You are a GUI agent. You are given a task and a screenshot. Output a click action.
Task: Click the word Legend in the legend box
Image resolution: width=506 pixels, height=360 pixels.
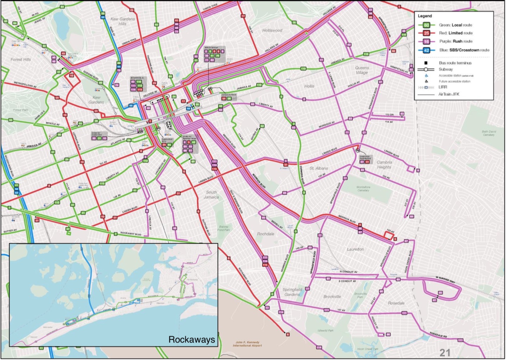point(425,16)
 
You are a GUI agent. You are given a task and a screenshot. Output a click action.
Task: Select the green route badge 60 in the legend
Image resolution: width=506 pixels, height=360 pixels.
point(426,25)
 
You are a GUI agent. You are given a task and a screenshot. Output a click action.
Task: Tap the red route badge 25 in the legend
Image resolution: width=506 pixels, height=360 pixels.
point(426,33)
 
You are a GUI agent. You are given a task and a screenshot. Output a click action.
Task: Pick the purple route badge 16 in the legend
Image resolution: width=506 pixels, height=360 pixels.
point(426,41)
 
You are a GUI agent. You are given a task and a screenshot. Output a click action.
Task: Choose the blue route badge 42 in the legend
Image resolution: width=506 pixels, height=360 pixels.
point(426,50)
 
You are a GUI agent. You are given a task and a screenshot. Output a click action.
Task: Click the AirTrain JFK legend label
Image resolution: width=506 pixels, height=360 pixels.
point(449,94)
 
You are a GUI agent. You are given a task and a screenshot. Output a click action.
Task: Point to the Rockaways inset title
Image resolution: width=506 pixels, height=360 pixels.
point(192,340)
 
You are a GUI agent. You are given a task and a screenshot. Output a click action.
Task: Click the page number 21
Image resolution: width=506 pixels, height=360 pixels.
point(445,353)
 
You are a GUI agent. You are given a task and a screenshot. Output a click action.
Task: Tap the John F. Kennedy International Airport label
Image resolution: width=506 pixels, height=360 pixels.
point(247,344)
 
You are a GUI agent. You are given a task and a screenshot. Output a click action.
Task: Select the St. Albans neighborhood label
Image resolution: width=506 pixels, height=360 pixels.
point(319,168)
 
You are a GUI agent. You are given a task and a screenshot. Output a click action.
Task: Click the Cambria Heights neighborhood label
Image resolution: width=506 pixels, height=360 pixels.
point(384,165)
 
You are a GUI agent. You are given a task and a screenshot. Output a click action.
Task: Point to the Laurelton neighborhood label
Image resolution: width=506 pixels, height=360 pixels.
point(355,249)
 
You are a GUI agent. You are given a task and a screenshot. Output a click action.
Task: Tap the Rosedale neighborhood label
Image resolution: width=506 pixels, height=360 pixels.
point(396,303)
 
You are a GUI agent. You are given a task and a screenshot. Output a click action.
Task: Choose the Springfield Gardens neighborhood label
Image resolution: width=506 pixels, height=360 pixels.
point(292,292)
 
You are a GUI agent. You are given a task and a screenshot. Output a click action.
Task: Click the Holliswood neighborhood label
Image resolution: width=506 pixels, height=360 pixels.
point(272,31)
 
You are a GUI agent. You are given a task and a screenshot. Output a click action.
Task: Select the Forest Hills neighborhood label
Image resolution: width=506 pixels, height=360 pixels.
point(21,60)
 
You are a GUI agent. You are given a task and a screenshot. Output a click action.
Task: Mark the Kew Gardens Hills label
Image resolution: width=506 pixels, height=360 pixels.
point(123,21)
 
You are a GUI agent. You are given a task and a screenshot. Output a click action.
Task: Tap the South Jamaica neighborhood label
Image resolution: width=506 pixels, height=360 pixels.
point(211,194)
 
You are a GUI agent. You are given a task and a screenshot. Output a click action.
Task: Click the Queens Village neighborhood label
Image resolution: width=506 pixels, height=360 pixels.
point(362,70)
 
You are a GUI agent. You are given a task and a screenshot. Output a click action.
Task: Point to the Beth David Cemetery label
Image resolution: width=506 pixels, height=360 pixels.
point(488,133)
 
